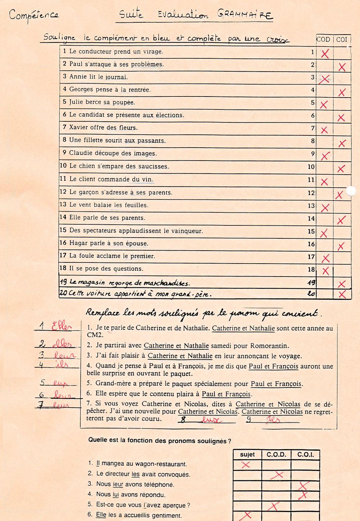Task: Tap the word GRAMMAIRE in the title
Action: click(x=245, y=15)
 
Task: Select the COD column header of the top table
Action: click(x=323, y=40)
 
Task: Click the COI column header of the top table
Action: click(x=342, y=40)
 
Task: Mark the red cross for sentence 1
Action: click(x=325, y=54)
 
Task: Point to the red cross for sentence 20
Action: click(x=342, y=295)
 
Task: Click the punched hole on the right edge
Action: click(x=351, y=191)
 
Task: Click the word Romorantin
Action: click(x=267, y=346)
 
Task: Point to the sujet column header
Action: click(x=247, y=455)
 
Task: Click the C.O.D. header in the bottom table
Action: click(x=276, y=455)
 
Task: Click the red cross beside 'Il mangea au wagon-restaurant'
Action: click(x=246, y=465)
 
